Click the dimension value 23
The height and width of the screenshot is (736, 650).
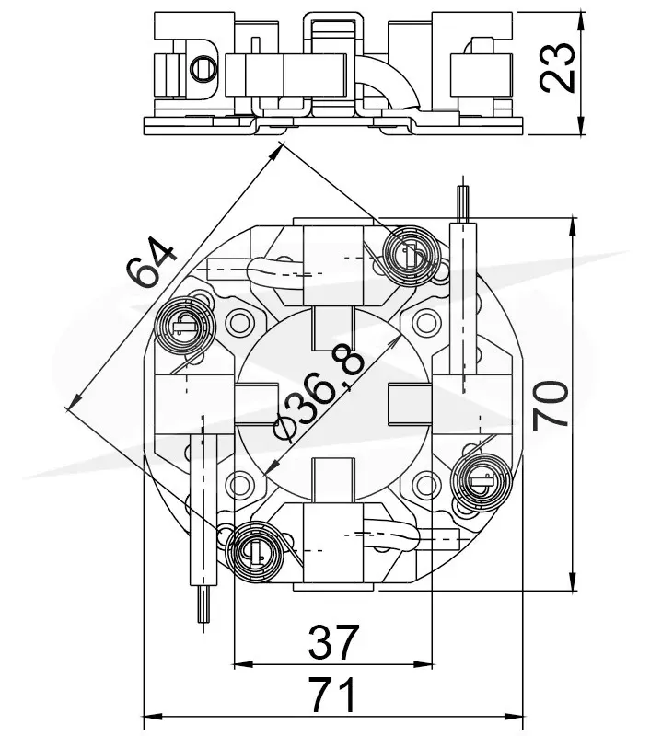558,67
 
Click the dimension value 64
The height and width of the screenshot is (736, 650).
150,261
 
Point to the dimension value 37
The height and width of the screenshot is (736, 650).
333,641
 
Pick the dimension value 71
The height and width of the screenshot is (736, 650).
333,695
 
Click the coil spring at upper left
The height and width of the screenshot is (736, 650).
184,327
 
